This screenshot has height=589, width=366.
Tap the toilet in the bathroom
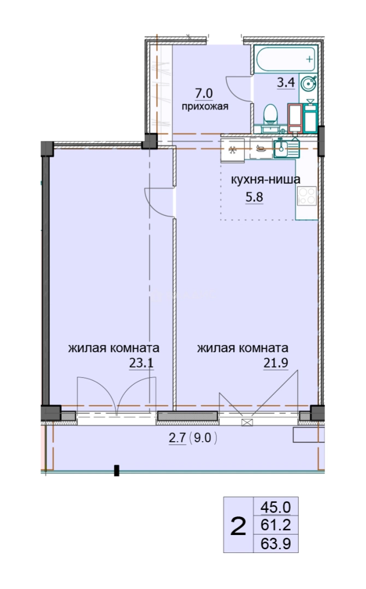270,115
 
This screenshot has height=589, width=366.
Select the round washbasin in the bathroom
309,83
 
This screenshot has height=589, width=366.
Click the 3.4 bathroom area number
286,82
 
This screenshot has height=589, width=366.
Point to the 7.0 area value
204,93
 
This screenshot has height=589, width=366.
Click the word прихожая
205,106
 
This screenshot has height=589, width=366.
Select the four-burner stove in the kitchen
306,196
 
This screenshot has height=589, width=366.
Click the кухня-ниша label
265,179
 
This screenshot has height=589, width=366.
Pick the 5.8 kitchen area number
254,197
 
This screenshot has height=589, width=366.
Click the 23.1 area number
141,363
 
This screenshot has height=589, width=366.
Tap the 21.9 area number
275,363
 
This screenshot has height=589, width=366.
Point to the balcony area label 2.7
177,438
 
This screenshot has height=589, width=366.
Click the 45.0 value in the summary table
276,508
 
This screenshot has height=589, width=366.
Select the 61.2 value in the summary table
276,525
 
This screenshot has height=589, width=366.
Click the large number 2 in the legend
238,526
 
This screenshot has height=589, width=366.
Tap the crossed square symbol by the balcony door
247,423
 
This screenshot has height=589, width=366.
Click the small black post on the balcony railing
116,471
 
